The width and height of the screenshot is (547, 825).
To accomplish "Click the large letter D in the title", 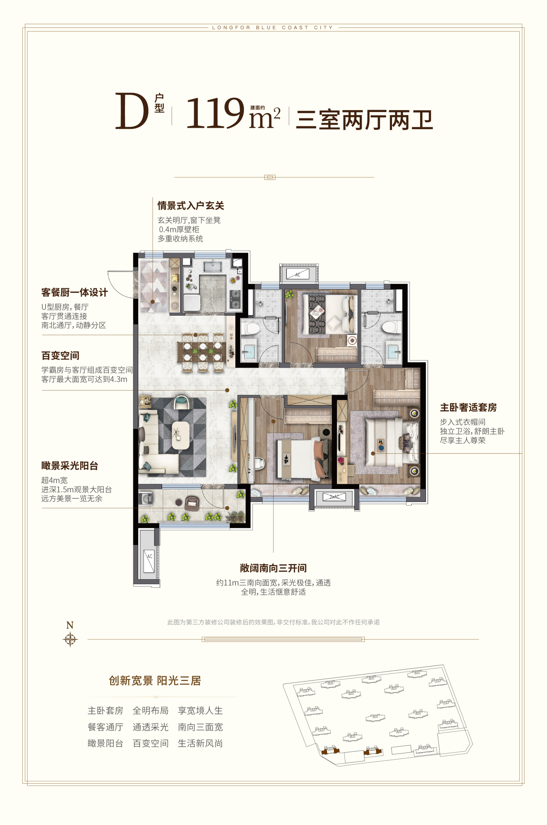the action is point(131,111).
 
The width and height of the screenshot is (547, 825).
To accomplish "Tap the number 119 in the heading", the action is point(215,113).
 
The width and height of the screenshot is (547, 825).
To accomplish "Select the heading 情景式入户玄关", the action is point(191,206).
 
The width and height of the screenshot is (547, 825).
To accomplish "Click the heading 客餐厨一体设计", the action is point(74,292).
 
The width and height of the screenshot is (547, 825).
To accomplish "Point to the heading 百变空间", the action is point(60,356).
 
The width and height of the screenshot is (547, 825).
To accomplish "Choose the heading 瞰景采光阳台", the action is point(70,466).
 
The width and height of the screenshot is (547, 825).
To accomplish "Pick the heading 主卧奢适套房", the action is point(468,408).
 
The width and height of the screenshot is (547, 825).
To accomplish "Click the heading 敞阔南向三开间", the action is point(273,568).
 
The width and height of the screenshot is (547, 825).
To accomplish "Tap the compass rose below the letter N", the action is point(70,639).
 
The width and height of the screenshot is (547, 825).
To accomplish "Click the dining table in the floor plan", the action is point(202,352).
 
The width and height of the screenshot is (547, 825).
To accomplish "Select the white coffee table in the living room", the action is point(181,435).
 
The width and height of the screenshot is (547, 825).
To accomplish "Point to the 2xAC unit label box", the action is point(334,497).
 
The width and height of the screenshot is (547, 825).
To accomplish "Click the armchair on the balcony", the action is point(192,503).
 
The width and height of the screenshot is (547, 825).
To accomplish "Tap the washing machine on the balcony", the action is point(146,499).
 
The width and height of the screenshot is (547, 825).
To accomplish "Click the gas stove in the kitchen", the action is point(236,299).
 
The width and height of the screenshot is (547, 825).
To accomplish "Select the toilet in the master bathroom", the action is point(392,327).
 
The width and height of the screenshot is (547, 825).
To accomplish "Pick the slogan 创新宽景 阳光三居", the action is point(155,680).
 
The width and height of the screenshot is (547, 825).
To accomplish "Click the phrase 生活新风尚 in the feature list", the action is point(200,743).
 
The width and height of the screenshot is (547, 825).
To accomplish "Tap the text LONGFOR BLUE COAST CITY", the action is point(272,28).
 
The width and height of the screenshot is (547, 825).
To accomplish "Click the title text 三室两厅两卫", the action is point(365,120).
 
